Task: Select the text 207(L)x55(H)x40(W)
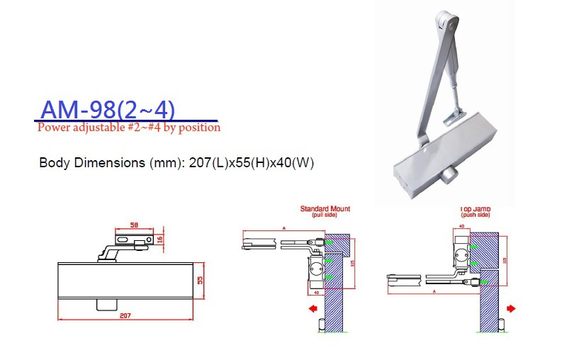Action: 250,162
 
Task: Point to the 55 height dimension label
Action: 201,280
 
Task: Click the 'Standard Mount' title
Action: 325,209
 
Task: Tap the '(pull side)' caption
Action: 325,215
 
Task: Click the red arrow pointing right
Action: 512,309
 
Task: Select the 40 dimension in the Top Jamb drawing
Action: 462,227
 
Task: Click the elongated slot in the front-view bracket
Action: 124,241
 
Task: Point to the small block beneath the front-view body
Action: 104,304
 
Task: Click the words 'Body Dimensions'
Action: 91,162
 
